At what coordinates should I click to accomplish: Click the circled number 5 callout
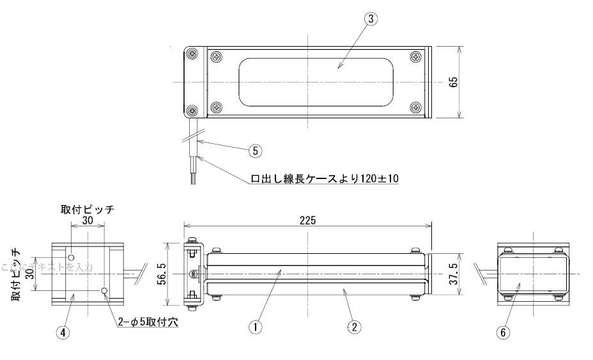255,151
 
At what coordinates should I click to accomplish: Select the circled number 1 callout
256,326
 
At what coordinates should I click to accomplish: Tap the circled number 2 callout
353,326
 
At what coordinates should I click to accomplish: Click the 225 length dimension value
307,219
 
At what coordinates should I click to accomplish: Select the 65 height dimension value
454,82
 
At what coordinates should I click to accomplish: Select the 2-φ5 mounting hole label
148,322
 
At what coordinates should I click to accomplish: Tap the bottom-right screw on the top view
416,107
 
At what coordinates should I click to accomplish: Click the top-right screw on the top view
416,57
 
